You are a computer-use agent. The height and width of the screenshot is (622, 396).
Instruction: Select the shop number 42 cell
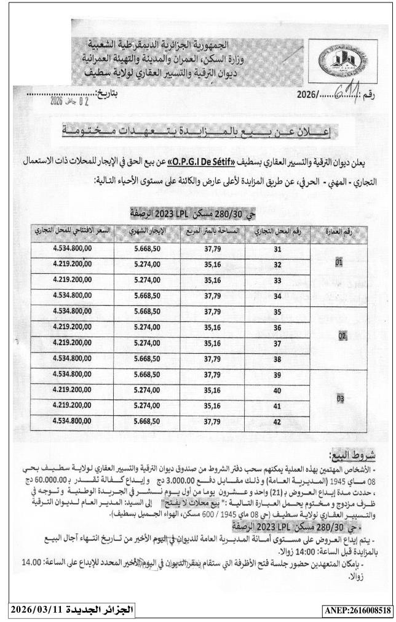(x=277, y=421)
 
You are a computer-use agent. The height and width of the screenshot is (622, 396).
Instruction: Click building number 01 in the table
(x=339, y=263)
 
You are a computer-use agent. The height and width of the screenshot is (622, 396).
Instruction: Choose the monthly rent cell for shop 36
(x=147, y=327)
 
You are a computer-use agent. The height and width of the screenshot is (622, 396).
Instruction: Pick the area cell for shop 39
(x=212, y=375)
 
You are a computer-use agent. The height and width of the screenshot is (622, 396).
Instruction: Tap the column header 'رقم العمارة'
(x=339, y=231)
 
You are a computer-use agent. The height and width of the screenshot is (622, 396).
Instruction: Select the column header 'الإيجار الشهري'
(x=147, y=231)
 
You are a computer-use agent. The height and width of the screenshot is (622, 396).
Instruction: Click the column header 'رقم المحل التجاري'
(x=277, y=231)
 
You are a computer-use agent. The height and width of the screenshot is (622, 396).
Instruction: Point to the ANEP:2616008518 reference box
(x=357, y=610)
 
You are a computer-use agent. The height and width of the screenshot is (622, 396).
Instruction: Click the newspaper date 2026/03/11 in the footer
(x=71, y=609)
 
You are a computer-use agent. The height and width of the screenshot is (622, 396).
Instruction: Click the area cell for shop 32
(x=212, y=265)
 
